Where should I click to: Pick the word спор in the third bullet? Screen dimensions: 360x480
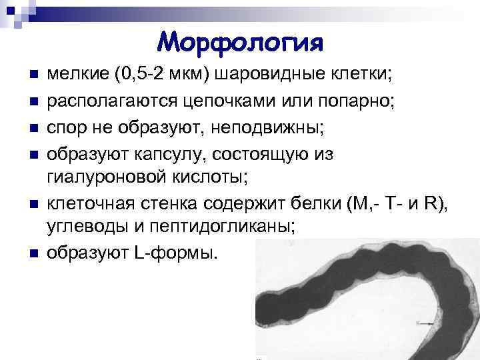[x=66, y=128]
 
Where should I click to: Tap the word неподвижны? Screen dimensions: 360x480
[x=247, y=128]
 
